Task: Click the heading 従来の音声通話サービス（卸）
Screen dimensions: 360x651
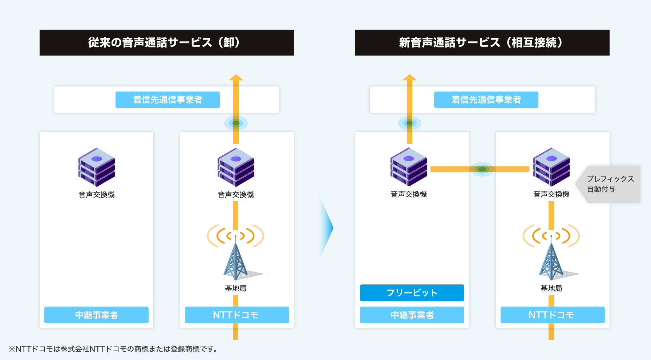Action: (166, 43)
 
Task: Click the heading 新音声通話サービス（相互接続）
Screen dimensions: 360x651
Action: (482, 43)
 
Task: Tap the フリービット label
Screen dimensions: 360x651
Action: (412, 293)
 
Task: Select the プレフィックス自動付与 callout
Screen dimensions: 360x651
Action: (610, 184)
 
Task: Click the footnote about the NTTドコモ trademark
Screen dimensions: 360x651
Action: (113, 349)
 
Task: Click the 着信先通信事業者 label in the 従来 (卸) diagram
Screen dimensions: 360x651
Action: (167, 100)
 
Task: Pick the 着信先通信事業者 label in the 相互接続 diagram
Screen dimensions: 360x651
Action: (486, 100)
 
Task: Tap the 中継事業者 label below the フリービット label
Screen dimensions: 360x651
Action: (412, 315)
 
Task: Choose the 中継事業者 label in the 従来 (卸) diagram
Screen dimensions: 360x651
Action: (96, 315)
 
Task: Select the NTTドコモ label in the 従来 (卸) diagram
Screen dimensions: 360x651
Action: (237, 315)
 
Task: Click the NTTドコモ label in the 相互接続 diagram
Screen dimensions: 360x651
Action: (553, 315)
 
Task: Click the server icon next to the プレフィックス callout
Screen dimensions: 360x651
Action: (551, 167)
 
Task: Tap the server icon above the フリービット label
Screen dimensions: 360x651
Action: (409, 167)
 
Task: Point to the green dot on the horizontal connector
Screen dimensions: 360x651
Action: (482, 169)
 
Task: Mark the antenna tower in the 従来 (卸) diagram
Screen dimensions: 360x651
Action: (235, 259)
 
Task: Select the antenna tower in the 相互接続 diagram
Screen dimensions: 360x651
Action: (551, 259)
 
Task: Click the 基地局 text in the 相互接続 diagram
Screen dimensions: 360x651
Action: (551, 288)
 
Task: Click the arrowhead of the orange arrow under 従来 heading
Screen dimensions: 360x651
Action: (236, 77)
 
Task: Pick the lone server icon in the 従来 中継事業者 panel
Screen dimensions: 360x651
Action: (97, 167)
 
